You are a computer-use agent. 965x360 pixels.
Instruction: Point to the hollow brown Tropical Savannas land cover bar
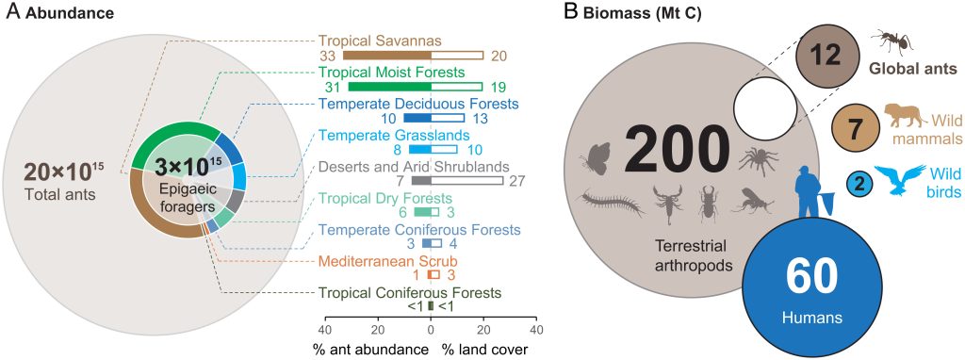[x=457, y=56]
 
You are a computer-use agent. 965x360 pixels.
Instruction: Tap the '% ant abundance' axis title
[x=368, y=348]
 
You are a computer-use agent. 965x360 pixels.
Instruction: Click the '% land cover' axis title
[x=486, y=348]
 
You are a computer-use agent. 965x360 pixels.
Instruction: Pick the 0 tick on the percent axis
[x=431, y=331]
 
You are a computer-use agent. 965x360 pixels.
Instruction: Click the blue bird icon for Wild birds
[x=899, y=179]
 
